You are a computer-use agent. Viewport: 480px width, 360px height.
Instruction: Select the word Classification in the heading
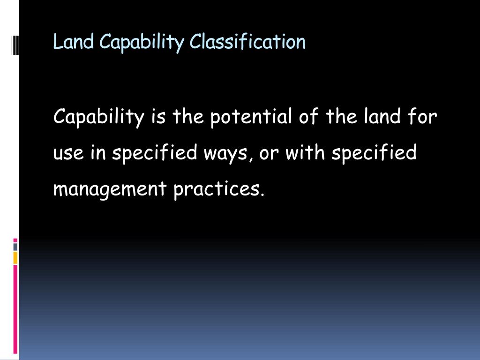coord(247,42)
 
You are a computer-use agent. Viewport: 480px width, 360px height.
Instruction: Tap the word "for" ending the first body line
coord(424,117)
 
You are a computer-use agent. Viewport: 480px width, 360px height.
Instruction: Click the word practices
coord(216,189)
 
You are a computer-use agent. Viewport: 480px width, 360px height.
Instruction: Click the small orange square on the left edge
coord(15,257)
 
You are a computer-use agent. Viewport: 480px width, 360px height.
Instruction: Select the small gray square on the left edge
coord(15,247)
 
